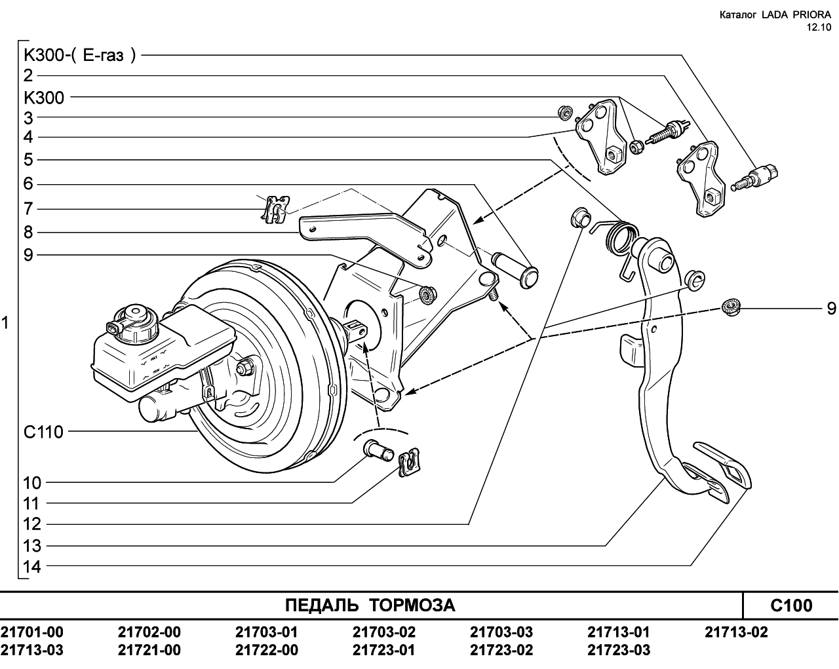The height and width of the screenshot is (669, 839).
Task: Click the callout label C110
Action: click(x=44, y=432)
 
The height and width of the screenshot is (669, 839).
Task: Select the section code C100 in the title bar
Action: click(x=791, y=606)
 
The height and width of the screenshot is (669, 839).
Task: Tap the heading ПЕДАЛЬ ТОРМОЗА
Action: click(x=370, y=605)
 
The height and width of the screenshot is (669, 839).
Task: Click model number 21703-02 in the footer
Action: click(x=384, y=632)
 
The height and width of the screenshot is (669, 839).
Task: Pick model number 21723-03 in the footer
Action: click(x=619, y=650)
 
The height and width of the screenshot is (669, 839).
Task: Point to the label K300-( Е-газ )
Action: click(x=80, y=56)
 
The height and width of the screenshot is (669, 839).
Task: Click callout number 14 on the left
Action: click(x=32, y=567)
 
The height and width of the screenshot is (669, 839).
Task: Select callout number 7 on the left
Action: click(x=28, y=210)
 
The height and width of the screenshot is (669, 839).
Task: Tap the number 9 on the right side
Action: click(x=831, y=309)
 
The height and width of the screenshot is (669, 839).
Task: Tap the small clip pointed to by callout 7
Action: click(x=276, y=210)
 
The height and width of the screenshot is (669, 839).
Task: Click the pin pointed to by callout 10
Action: click(x=379, y=451)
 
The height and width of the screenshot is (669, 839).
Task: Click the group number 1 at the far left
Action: click(x=5, y=323)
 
